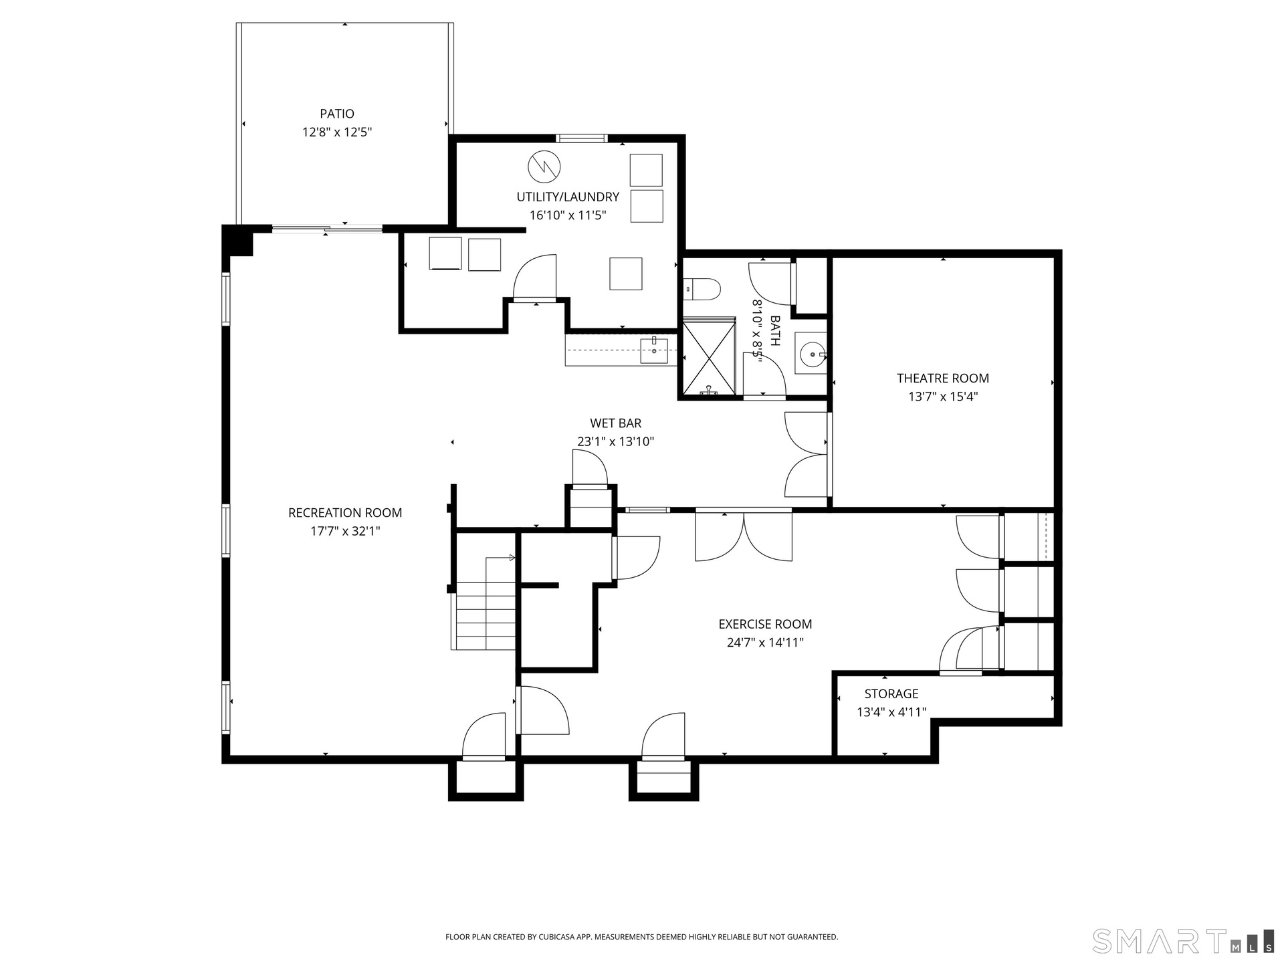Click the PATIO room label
337,114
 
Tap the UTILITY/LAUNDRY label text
568,197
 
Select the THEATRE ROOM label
943,378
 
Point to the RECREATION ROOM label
345,513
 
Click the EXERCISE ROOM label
765,624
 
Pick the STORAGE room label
891,693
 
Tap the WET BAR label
616,423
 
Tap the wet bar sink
654,350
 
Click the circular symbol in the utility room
544,167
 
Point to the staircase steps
486,615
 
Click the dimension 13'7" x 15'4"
943,397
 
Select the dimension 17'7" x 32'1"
345,532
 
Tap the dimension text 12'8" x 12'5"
337,132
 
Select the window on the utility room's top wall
581,138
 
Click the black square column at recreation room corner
238,241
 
